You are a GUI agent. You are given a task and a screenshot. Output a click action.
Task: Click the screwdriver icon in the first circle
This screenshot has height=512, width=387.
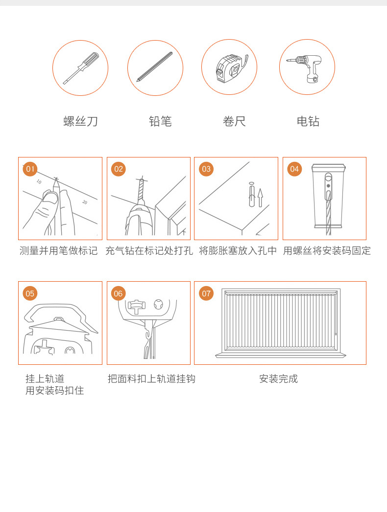(x=80, y=67)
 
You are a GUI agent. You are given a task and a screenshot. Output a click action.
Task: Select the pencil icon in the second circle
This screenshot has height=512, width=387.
(x=155, y=67)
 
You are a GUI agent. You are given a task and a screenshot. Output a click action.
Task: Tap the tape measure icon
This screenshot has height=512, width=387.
(x=229, y=67)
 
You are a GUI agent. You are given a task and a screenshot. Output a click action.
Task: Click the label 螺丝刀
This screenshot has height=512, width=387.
(x=80, y=121)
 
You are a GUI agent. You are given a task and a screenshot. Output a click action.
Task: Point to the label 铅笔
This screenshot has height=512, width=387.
(x=160, y=121)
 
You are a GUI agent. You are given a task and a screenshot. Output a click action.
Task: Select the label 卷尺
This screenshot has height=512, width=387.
(x=234, y=121)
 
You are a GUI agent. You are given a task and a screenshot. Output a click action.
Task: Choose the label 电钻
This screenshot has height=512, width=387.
(x=308, y=121)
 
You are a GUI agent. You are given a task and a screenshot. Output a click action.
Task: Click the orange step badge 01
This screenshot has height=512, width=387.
(x=30, y=169)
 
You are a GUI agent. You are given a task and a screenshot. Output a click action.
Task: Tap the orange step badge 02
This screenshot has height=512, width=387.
(x=119, y=169)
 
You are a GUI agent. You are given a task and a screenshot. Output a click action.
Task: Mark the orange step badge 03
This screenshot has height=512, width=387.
(x=206, y=169)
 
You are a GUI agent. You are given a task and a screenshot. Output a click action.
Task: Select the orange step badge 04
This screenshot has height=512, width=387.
(x=294, y=169)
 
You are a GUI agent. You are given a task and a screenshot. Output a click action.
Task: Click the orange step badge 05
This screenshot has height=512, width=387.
(x=30, y=293)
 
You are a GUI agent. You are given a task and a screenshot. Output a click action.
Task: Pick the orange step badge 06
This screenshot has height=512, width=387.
(x=119, y=293)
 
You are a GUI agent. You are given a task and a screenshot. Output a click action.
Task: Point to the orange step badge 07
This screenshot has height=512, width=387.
(x=206, y=293)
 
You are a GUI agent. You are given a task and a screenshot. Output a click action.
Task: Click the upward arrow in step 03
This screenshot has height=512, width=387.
(x=260, y=198)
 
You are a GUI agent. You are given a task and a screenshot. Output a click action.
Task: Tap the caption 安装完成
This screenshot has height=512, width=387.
(x=278, y=379)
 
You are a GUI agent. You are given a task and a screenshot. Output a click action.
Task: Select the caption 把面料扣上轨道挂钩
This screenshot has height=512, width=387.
(x=151, y=379)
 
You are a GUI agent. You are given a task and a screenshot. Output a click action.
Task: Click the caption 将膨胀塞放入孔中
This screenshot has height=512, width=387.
(x=238, y=251)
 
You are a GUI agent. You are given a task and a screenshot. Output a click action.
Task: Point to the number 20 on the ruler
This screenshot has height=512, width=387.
(x=85, y=202)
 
